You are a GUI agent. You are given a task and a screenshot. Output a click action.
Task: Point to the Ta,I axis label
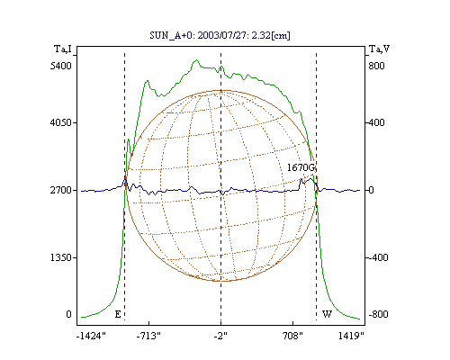point(63,49)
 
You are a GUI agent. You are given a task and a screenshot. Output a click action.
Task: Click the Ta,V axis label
point(379,49)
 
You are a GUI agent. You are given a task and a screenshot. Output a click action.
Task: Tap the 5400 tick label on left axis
point(61,66)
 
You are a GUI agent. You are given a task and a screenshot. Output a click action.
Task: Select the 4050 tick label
point(61,122)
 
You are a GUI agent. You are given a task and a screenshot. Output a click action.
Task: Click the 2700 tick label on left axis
point(61,190)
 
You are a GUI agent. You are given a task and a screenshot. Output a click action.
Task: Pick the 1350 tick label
point(61,257)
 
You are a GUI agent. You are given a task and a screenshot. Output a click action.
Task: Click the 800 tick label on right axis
point(376,66)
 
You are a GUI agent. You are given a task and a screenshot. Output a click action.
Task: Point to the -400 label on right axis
point(378,257)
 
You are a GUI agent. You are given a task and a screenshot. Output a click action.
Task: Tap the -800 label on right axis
point(378,314)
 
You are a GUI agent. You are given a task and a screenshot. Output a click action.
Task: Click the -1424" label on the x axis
point(91,336)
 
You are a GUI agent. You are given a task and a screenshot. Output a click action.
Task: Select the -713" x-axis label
point(148,336)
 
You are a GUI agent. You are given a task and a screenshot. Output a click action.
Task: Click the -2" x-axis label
point(220,336)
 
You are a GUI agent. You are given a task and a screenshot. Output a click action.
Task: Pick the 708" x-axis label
point(292,336)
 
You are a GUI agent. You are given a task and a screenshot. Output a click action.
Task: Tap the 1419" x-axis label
point(351,336)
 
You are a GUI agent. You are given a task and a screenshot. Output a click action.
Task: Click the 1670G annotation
point(301,167)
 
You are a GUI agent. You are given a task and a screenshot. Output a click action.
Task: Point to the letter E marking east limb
point(118,314)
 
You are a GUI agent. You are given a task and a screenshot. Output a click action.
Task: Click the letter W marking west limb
point(327,314)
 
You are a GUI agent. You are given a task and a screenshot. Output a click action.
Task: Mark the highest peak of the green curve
point(197,59)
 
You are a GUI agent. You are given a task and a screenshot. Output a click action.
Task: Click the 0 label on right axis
point(372,190)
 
